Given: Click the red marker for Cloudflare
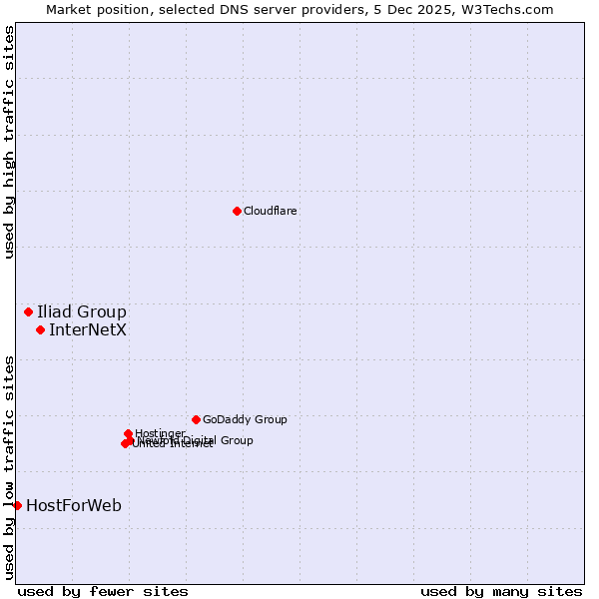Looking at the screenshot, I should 237,211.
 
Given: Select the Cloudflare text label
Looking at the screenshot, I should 270,211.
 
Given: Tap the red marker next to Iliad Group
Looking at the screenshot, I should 28,311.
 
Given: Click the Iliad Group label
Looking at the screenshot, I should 82,311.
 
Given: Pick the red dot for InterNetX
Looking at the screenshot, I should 40,329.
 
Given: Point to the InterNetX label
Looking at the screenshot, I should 88,329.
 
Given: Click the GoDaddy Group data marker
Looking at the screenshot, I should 196,419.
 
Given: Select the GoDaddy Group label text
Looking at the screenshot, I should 245,419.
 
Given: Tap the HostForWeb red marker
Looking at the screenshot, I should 17,505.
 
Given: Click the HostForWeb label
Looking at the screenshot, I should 74,505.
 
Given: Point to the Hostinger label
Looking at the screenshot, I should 160,433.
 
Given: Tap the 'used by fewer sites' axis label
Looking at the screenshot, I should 103,591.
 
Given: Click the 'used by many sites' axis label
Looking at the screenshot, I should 501,591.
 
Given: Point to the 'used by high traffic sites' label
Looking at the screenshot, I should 9,142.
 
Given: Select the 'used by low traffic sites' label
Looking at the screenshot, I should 9,466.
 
